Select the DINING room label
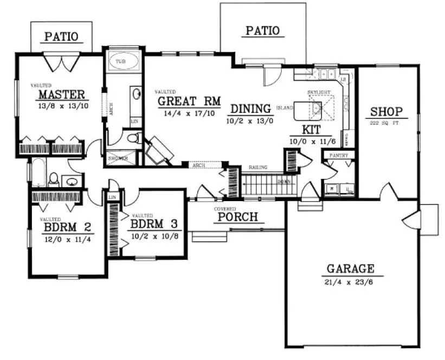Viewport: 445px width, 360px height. pyautogui.click(x=249, y=108)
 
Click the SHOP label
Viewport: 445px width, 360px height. pyautogui.click(x=386, y=112)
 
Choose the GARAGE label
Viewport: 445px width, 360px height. pyautogui.click(x=351, y=269)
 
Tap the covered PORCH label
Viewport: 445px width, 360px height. pyautogui.click(x=238, y=217)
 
